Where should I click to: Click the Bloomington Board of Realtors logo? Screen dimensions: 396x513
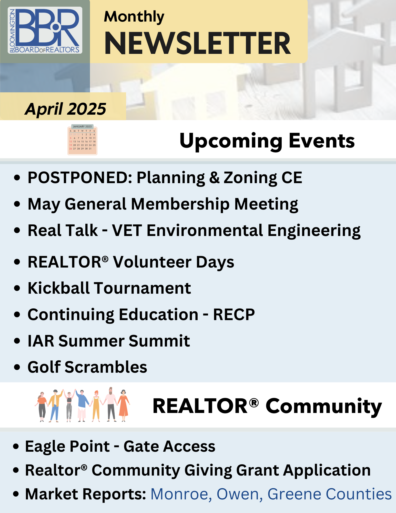(x=45, y=30)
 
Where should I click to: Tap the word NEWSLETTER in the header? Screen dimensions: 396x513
(x=198, y=43)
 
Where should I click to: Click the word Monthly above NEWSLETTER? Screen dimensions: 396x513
(x=134, y=17)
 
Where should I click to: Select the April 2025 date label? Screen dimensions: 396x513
(x=65, y=109)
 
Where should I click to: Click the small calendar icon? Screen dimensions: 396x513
(x=82, y=140)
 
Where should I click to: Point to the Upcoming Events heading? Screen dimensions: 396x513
(x=267, y=141)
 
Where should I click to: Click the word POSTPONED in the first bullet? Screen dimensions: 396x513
(x=80, y=177)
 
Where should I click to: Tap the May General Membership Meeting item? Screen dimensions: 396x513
(x=163, y=204)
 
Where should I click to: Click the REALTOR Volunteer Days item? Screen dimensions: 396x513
(x=131, y=262)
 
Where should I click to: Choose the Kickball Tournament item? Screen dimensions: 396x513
(x=109, y=288)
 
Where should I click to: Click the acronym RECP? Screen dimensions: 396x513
(x=234, y=314)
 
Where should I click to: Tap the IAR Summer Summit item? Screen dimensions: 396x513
(x=109, y=341)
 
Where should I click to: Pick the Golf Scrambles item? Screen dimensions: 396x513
(x=87, y=367)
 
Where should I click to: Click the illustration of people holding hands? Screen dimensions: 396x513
(x=82, y=405)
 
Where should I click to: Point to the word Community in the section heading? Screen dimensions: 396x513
(x=324, y=406)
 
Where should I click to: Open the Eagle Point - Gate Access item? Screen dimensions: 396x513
(x=120, y=446)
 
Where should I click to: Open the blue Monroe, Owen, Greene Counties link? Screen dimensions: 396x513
(x=271, y=494)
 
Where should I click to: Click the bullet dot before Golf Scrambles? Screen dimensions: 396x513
(x=17, y=367)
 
